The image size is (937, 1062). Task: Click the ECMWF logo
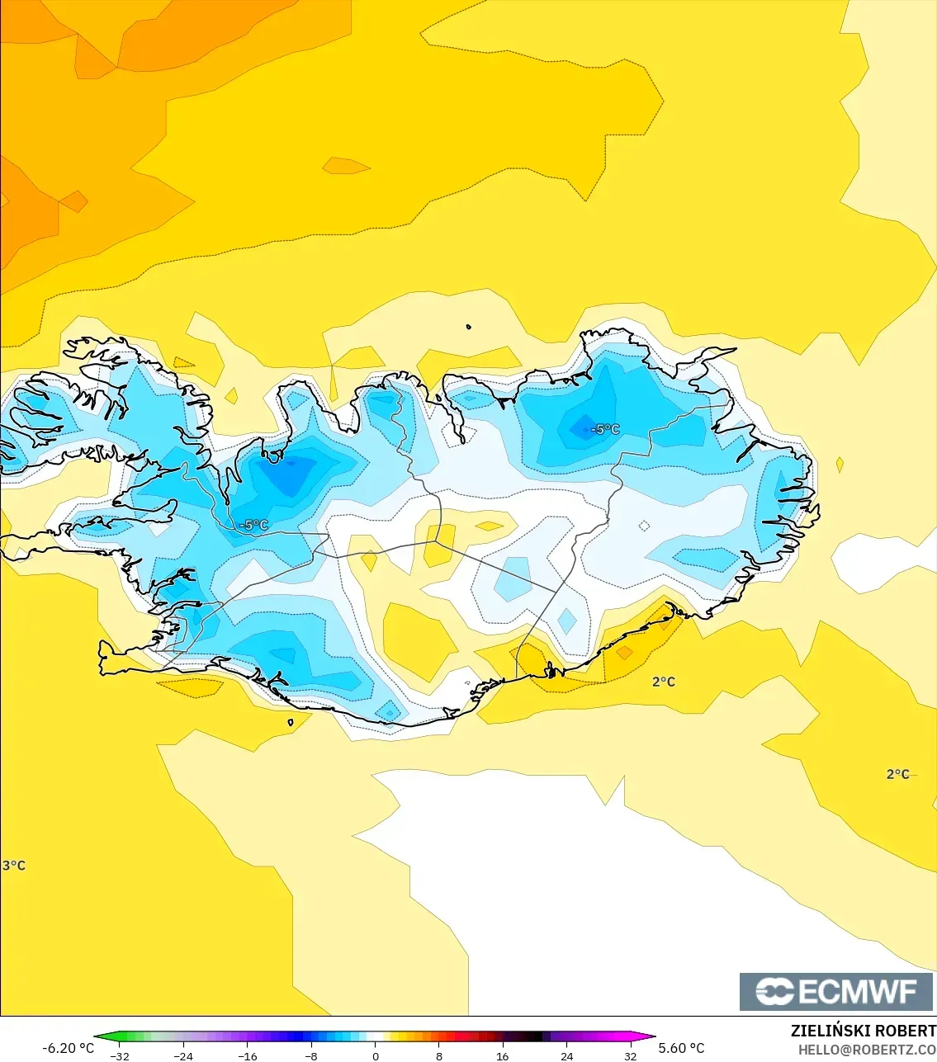[836, 991]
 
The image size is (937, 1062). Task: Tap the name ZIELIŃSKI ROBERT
[863, 1031]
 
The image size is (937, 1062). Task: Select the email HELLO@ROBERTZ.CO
[867, 1050]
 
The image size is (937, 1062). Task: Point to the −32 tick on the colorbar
[120, 1056]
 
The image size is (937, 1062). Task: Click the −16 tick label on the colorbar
[247, 1056]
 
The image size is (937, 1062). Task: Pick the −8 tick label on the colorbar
[311, 1056]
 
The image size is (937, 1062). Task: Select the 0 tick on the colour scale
[376, 1056]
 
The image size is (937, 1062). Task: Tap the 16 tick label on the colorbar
[503, 1056]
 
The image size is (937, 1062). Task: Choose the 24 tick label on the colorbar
[566, 1056]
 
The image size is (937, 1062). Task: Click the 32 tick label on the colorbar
[631, 1056]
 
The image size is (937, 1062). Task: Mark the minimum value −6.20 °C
[68, 1048]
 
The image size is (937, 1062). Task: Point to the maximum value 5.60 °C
[682, 1048]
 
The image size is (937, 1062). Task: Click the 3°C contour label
[14, 866]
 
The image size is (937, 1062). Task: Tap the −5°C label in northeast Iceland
[605, 429]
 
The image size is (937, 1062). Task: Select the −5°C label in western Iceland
[254, 525]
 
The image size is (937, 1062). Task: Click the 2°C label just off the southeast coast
[664, 682]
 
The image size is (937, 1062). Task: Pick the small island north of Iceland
[468, 327]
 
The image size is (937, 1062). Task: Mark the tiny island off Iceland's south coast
[291, 723]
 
